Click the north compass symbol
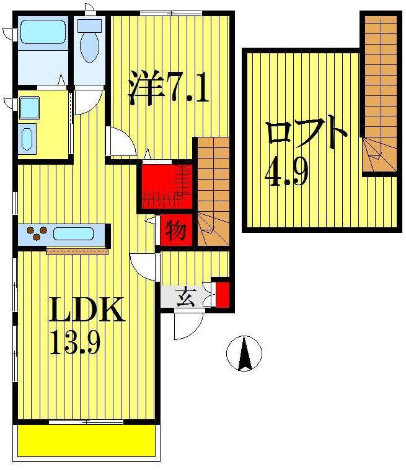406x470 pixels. coord(244,354)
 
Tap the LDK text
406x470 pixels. coord(87,310)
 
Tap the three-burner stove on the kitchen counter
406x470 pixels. coord(36,234)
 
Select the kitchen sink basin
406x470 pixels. coord(73,234)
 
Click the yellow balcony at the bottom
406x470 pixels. coord(86,440)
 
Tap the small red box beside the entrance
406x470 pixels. coord(222,294)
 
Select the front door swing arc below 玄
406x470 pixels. coord(188,325)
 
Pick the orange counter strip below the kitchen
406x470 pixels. coord(77,251)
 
